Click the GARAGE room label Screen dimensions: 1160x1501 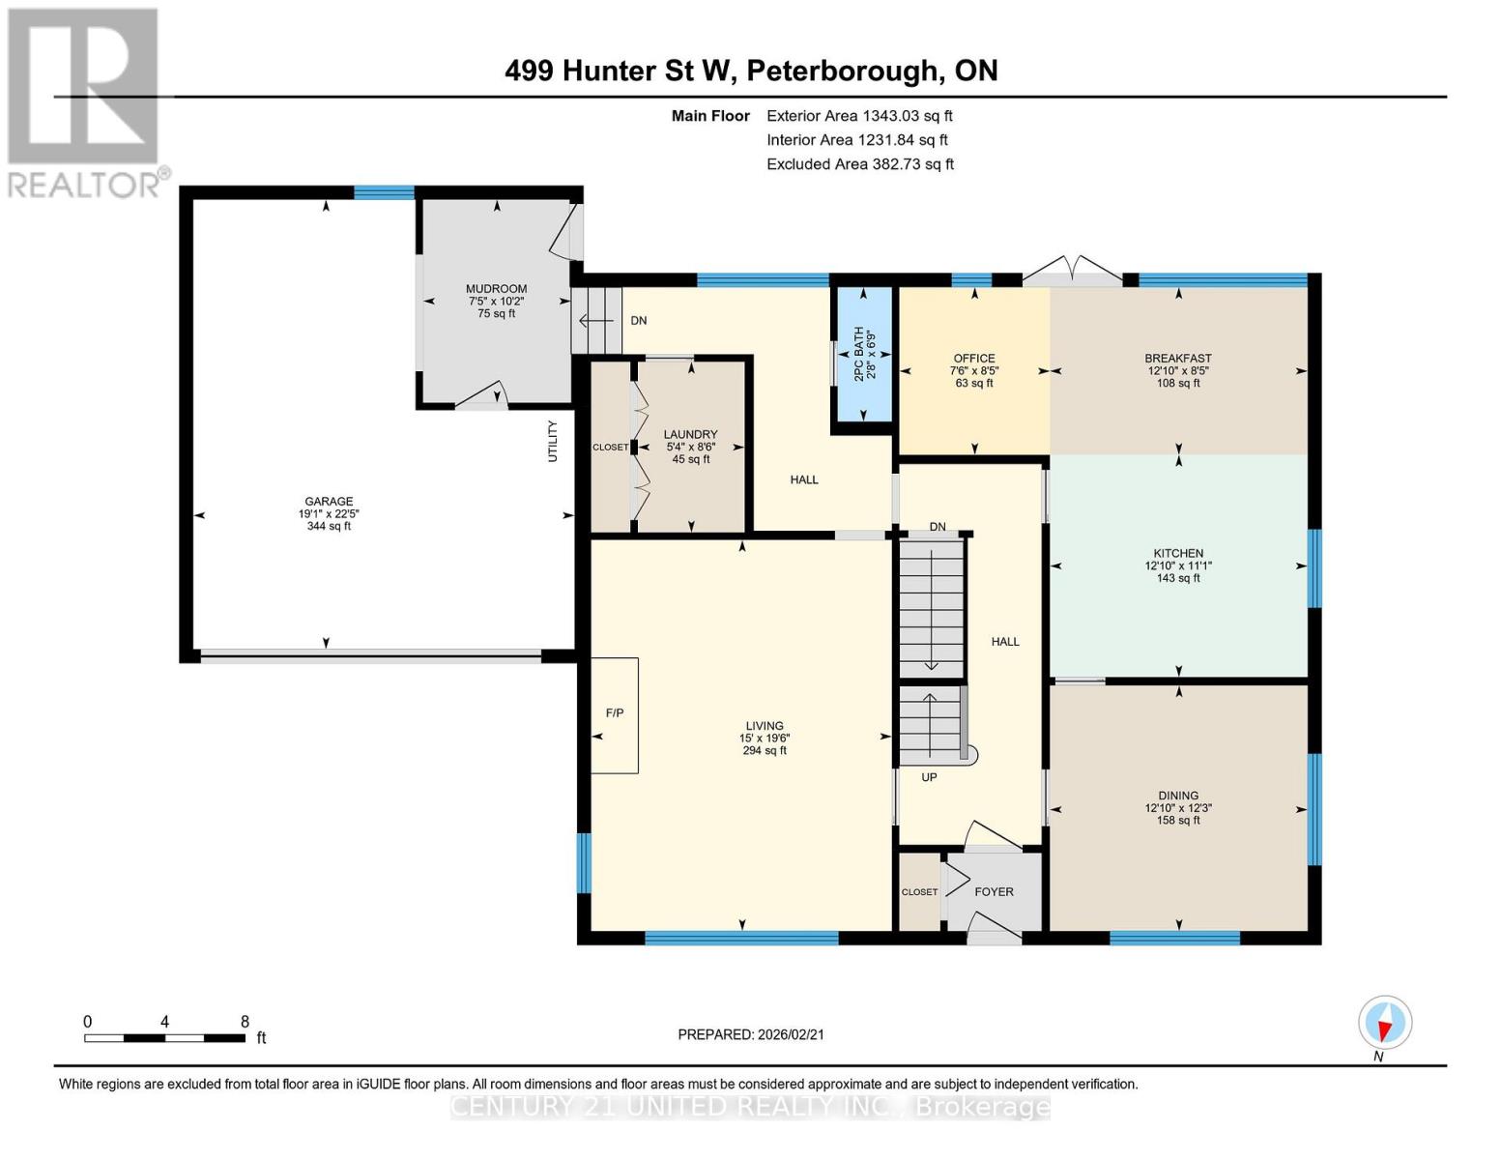pos(329,502)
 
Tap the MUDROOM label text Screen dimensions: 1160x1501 pos(496,289)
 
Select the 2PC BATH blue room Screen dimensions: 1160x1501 pos(862,354)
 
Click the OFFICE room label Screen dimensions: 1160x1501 pos(973,359)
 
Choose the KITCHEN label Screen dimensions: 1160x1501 pos(1177,554)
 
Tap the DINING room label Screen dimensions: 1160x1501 pos(1177,797)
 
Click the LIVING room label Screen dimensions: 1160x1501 pos(764,726)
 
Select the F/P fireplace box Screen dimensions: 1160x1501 pos(615,714)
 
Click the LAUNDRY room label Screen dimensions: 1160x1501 pos(690,435)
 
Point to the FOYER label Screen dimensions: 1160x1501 pos(994,892)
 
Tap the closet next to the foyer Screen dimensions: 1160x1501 pos(919,892)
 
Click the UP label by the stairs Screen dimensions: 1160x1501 pos(929,777)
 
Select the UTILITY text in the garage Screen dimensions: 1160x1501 pos(553,441)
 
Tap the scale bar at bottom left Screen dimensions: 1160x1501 pos(164,1038)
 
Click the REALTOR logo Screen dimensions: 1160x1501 pos(84,101)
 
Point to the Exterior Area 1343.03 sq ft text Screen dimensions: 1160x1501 pos(859,116)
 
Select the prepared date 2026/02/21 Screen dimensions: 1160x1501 pos(751,1034)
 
